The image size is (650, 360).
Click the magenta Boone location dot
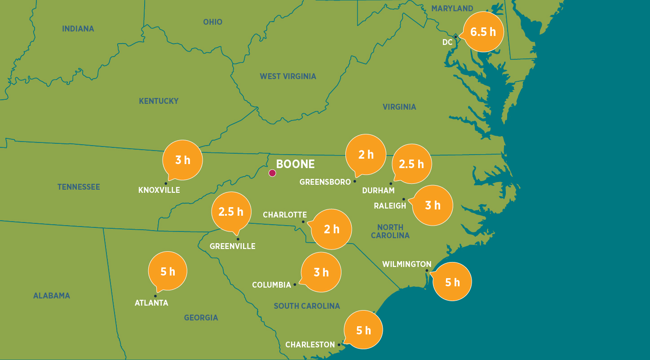point(272,173)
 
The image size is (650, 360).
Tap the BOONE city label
point(295,164)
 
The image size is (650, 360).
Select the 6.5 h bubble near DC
point(483,32)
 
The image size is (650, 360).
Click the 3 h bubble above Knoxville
point(182,160)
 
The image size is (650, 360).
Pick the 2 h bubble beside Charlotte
point(332,229)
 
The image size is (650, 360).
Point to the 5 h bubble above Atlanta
point(168,271)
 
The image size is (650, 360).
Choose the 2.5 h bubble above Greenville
point(231,211)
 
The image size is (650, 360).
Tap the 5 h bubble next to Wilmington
point(452,282)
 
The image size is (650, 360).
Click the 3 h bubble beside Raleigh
point(433,205)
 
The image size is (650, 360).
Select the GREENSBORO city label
point(325,182)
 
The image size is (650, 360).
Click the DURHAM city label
point(378,191)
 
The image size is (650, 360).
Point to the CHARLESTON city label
point(310,345)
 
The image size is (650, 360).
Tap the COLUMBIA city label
point(271,285)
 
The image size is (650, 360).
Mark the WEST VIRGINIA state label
point(288,76)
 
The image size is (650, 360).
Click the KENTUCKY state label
point(159,101)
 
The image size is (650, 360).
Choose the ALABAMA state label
point(52,296)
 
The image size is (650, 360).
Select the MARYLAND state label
point(452,9)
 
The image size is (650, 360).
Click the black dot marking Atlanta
point(155,296)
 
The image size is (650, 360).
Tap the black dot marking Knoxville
point(166,183)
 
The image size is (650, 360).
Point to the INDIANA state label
point(78,29)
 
